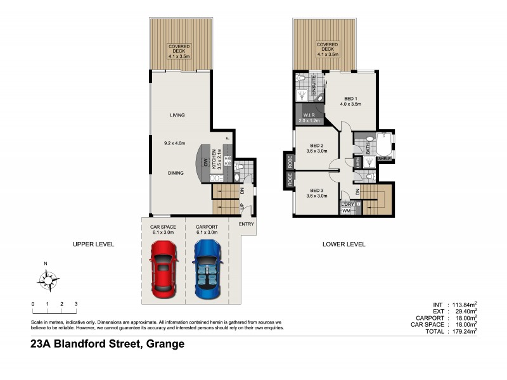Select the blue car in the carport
207,270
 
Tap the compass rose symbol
46,278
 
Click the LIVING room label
177,115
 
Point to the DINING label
177,172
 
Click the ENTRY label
247,224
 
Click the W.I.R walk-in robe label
310,115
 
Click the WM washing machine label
346,210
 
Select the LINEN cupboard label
357,163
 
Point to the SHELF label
385,158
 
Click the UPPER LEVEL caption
93,244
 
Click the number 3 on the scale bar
76,305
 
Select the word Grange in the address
165,345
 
